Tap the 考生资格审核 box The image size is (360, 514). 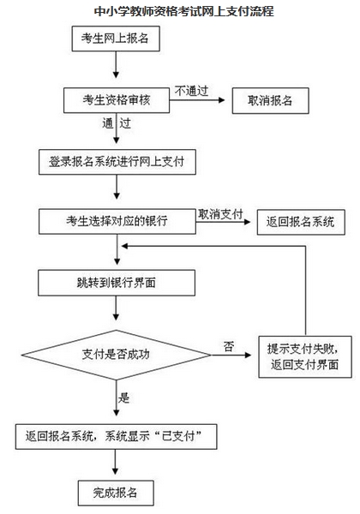tap(117, 99)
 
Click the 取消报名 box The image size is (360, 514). tap(270, 100)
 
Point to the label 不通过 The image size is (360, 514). tap(193, 89)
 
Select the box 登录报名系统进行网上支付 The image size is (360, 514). tap(117, 160)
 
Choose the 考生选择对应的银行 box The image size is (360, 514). tap(117, 220)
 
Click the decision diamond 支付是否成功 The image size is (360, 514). tap(117, 352)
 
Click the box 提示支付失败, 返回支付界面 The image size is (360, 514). tap(303, 357)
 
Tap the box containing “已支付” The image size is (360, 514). tap(117, 436)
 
